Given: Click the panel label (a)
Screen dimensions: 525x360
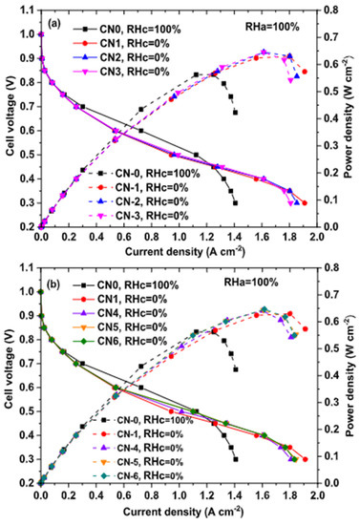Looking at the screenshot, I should [57, 18].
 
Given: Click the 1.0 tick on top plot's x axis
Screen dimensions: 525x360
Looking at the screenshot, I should [178, 236].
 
